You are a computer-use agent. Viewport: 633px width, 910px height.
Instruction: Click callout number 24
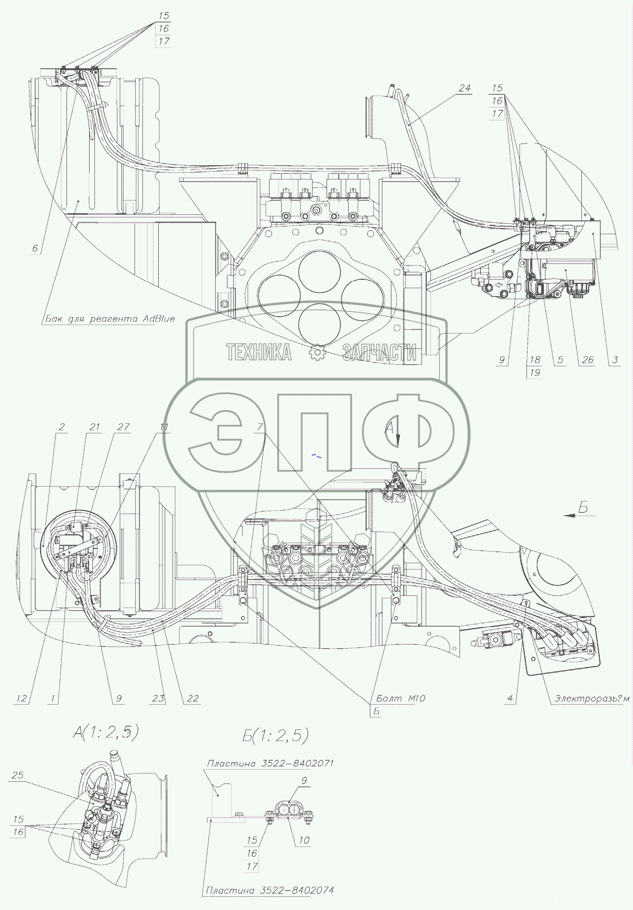coord(464,88)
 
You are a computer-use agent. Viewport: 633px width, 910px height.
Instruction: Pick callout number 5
coord(560,360)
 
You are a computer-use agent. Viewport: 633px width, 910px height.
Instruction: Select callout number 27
coord(123,427)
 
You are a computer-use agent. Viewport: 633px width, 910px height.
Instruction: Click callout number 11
coord(165,427)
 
